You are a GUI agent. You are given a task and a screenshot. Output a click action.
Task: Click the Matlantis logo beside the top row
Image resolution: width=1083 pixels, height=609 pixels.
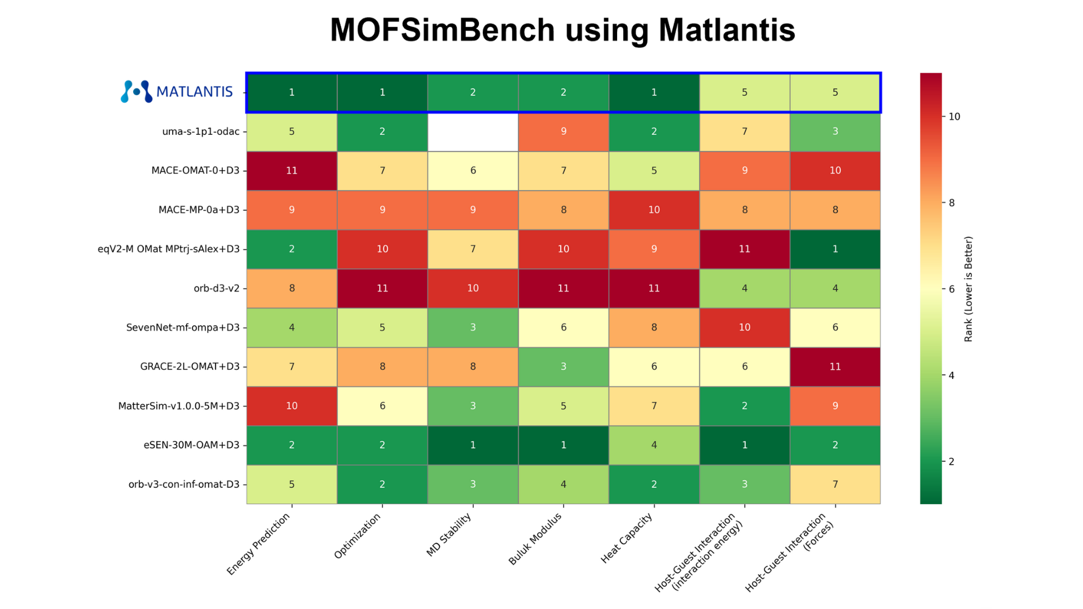(177, 91)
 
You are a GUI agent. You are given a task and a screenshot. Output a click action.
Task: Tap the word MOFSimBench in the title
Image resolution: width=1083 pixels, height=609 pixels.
(442, 30)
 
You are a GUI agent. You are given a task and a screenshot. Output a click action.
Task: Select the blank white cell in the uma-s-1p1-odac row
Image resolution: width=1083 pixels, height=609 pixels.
(473, 131)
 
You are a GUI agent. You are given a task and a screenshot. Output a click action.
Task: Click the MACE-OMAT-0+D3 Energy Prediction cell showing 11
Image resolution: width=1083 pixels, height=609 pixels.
(292, 170)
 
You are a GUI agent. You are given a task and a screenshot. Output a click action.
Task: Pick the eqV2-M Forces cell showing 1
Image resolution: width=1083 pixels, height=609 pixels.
(835, 249)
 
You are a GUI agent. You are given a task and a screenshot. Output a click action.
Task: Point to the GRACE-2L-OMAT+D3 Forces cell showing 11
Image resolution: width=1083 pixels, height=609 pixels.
(835, 367)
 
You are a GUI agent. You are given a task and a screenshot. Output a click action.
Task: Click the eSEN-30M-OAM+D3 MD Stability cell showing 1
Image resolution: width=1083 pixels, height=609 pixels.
(473, 445)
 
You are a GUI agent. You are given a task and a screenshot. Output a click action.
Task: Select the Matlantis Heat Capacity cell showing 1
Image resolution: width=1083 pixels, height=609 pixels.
(654, 92)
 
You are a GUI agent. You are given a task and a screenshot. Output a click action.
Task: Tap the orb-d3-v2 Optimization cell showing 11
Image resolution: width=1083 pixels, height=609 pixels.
(382, 288)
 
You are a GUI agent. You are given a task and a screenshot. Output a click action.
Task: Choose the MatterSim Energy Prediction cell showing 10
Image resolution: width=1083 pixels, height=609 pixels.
(292, 405)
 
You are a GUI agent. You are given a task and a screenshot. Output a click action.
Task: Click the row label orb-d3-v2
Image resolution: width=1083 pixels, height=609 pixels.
(216, 288)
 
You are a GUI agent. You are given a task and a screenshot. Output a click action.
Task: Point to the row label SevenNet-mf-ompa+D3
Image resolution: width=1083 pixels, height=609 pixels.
(183, 327)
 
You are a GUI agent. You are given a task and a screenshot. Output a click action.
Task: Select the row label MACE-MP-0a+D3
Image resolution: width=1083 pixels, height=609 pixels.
(199, 210)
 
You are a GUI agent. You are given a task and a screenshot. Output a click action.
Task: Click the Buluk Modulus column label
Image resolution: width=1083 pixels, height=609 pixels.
(535, 539)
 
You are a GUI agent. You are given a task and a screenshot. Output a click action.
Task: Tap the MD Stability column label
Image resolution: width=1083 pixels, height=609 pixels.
(449, 535)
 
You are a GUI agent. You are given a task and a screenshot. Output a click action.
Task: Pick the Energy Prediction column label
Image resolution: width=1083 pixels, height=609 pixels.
(258, 544)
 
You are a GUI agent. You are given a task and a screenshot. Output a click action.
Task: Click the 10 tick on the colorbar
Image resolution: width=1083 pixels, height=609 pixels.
(954, 116)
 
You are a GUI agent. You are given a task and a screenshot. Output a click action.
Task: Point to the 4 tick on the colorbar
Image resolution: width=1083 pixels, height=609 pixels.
(952, 375)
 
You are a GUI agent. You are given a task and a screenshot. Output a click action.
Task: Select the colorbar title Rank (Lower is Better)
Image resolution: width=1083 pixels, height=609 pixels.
(968, 289)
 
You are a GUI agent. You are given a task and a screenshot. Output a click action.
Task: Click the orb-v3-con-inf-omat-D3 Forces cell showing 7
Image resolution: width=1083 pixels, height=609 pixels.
(835, 484)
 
